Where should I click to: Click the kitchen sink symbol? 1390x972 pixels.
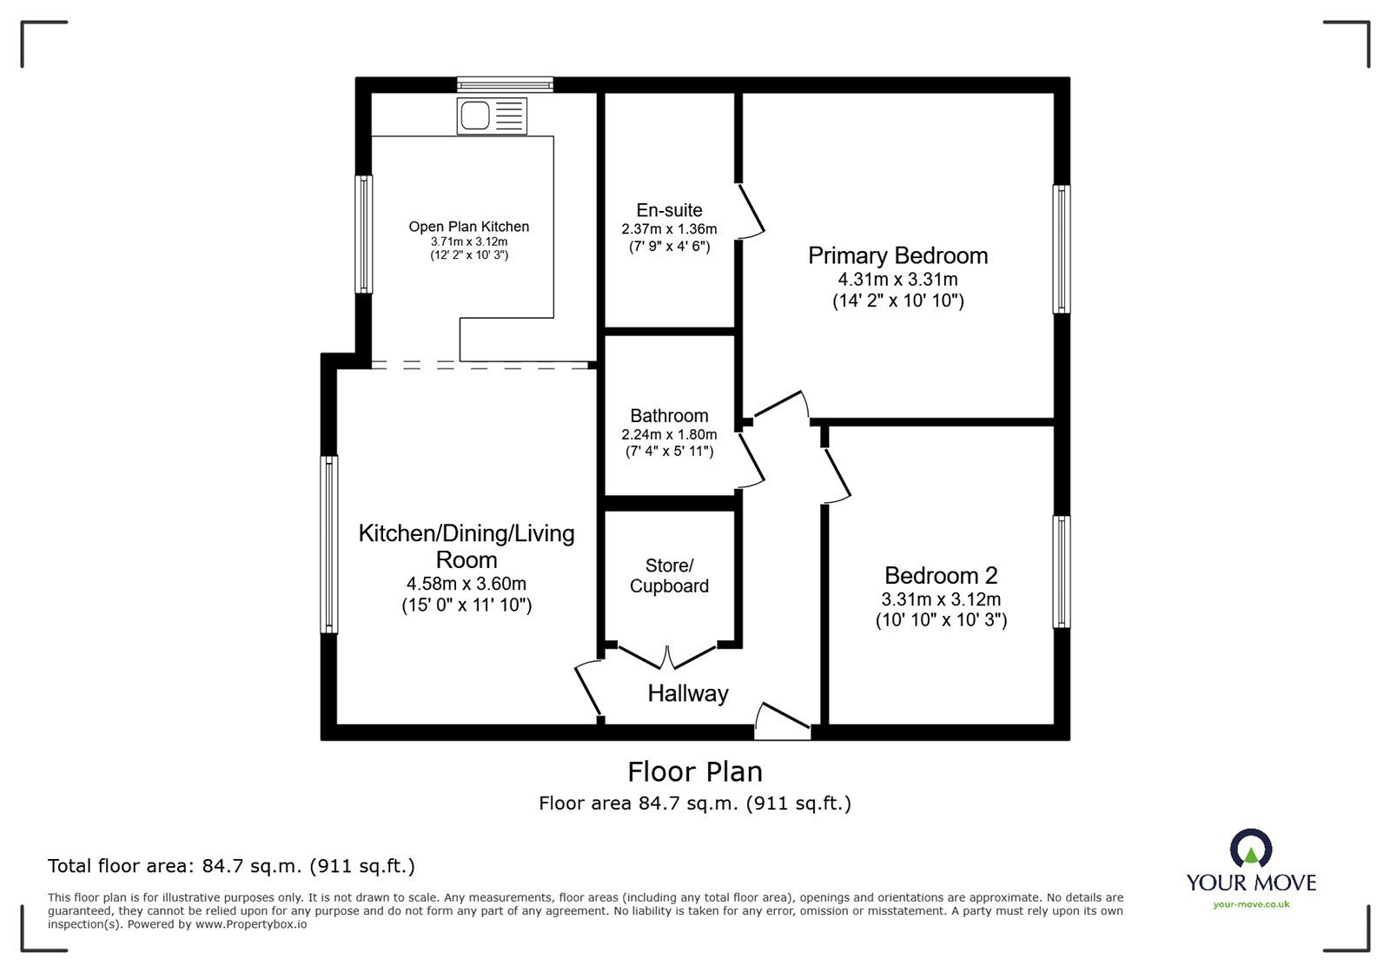point(492,116)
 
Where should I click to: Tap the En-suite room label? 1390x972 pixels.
point(669,210)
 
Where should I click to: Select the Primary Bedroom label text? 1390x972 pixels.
point(897,255)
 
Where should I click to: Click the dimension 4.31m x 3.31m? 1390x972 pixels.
point(897,280)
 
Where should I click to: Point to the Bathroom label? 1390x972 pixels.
point(669,416)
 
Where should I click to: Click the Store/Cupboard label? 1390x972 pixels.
point(669,575)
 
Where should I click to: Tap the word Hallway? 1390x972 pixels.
point(687,693)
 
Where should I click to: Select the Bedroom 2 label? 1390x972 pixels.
point(941,575)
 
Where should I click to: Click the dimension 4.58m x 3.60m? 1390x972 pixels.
point(466,584)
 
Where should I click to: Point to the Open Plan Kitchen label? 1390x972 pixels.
point(469,227)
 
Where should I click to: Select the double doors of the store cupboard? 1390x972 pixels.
point(668,657)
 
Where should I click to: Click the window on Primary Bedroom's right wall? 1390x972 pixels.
point(1062,248)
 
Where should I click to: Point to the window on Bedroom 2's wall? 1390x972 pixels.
point(1062,572)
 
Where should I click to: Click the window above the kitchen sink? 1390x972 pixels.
point(506,84)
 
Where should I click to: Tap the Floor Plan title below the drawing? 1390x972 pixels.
point(695,771)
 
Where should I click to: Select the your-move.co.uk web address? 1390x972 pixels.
point(1251,904)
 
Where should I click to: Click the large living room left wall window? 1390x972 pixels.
point(328,545)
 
